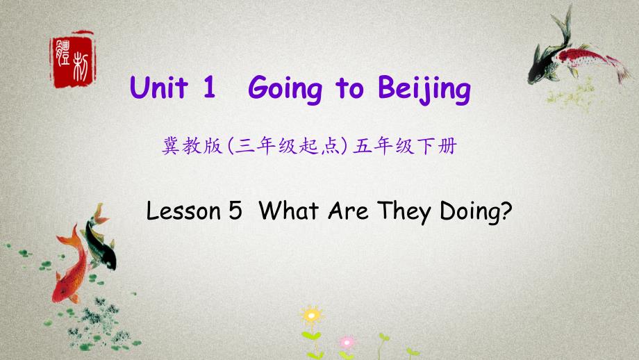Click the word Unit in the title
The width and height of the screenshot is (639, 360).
[159, 88]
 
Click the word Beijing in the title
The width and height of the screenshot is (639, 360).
[424, 89]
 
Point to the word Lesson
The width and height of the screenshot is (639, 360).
[183, 211]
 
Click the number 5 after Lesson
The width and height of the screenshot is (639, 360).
[235, 211]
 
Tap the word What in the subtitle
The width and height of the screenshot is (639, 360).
[288, 211]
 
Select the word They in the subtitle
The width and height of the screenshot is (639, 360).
[404, 212]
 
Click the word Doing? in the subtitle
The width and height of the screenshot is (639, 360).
[476, 212]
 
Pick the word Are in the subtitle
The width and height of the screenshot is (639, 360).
[348, 211]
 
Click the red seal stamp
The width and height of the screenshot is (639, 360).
[72, 60]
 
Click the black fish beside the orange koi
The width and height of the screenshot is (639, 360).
[100, 240]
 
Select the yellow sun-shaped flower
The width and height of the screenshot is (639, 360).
[312, 316]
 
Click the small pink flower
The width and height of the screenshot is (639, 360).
[347, 343]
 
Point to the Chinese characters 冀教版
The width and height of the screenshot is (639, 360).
[192, 146]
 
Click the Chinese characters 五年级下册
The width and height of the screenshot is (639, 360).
[405, 146]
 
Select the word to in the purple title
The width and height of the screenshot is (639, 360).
[349, 88]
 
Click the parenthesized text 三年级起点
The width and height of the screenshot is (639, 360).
[288, 146]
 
